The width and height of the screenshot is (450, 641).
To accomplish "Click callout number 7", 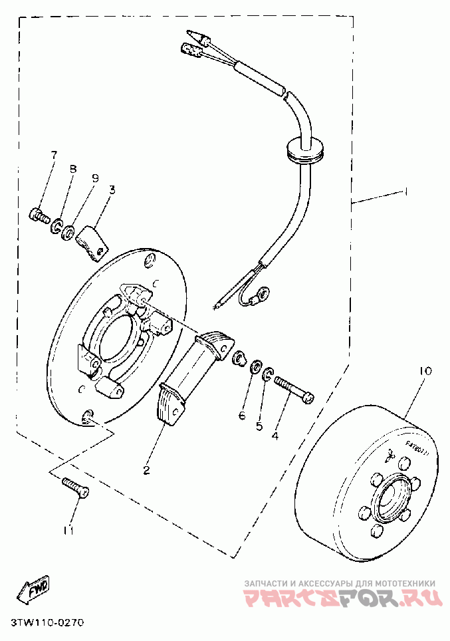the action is [55, 156].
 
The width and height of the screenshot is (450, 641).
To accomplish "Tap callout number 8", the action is [74, 169].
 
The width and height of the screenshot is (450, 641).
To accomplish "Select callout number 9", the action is [94, 178].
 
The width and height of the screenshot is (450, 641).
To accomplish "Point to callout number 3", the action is [111, 190].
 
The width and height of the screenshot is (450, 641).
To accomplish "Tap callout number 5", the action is [260, 426].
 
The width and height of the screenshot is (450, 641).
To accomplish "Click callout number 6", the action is [243, 416].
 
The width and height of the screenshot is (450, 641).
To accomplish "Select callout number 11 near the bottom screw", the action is [70, 530].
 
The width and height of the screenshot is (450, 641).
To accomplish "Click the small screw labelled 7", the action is [41, 215].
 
